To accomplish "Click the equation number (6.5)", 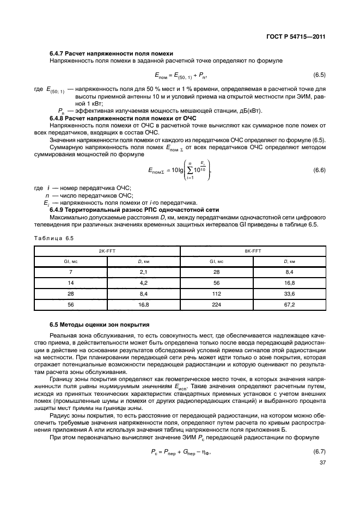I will click(319, 74).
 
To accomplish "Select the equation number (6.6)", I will click(319, 171).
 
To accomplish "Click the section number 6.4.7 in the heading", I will click(58, 53).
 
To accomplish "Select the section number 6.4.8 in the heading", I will click(58, 118).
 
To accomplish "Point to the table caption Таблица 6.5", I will click(53, 238).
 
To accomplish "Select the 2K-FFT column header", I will click(107, 251).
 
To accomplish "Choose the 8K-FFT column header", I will click(253, 251).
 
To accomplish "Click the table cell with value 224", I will click(217, 305).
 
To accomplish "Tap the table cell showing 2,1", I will click(144, 272).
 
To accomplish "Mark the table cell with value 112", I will click(217, 294).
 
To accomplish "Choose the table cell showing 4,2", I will click(144, 283).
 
